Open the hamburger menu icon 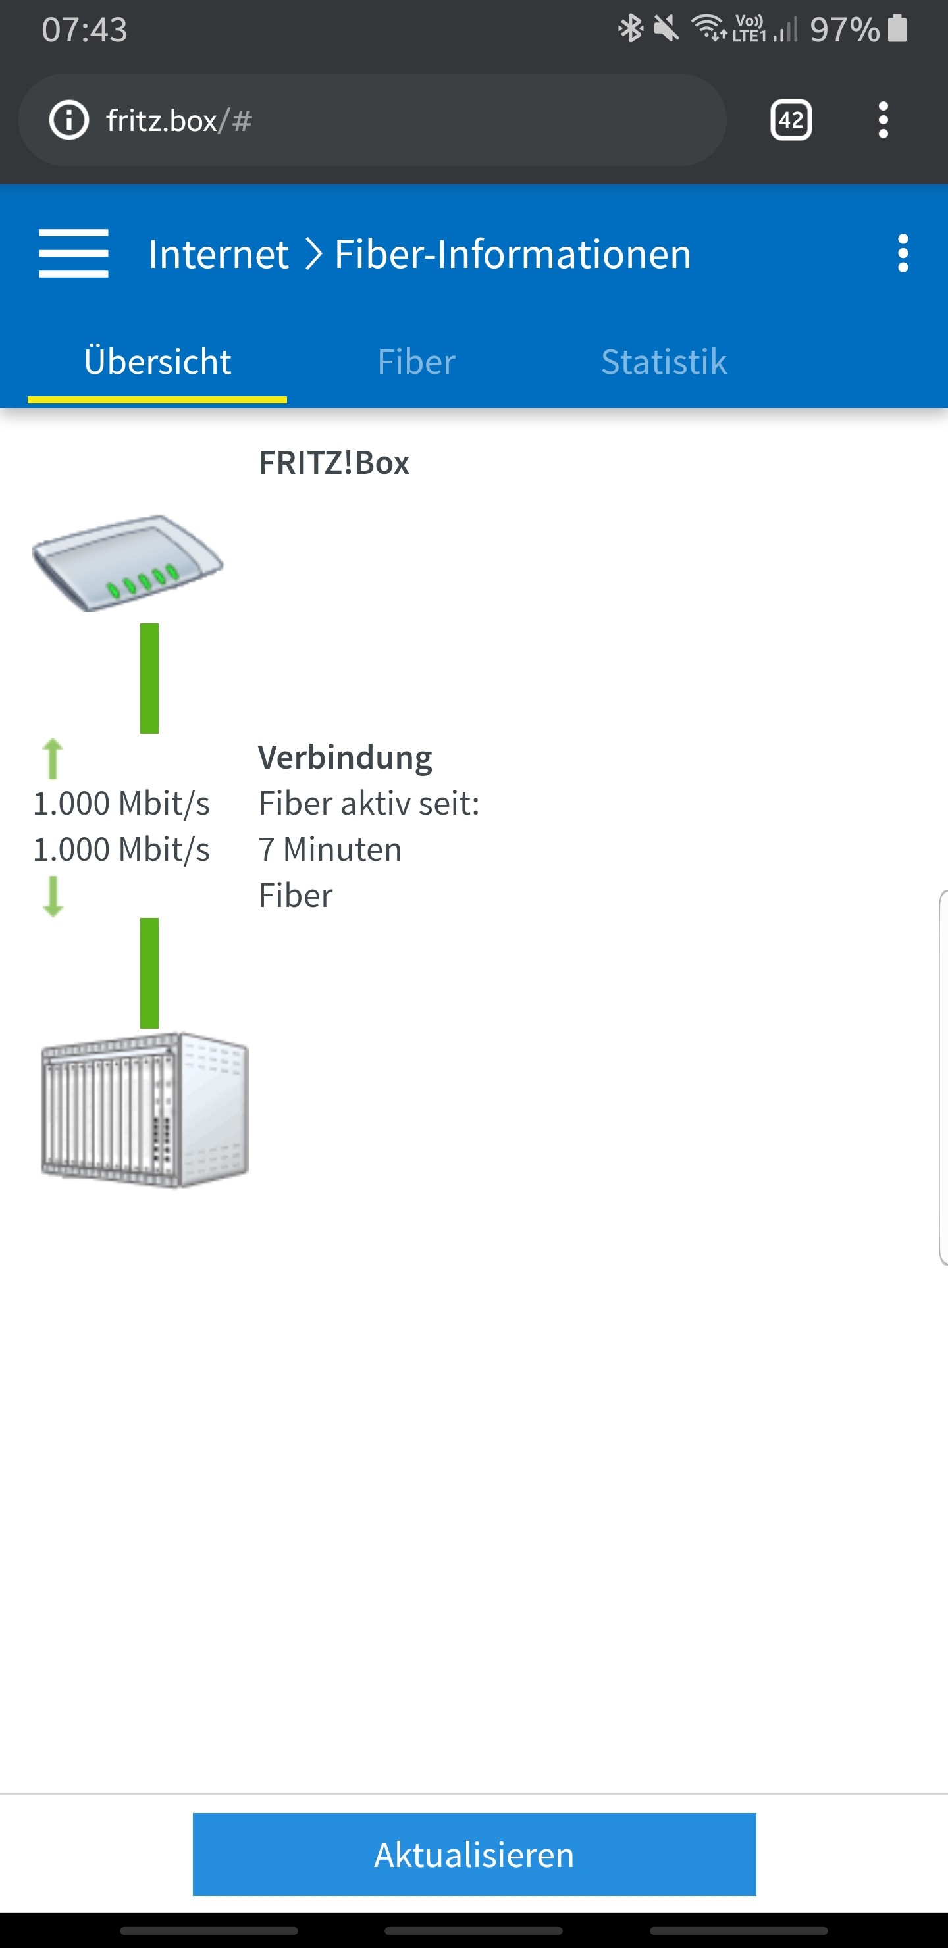click(x=73, y=253)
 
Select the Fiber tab click(x=416, y=361)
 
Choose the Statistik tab click(x=664, y=361)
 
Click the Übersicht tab click(x=157, y=361)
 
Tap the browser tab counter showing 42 click(x=791, y=120)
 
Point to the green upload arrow click(x=52, y=759)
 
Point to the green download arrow click(x=52, y=896)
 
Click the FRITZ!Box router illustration click(x=127, y=563)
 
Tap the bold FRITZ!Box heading click(x=334, y=463)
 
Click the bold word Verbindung click(x=345, y=757)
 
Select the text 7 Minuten click(x=330, y=849)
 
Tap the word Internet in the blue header click(x=218, y=254)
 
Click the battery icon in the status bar click(x=897, y=29)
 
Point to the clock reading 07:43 click(x=84, y=30)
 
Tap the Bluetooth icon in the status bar click(x=630, y=29)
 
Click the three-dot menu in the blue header click(x=902, y=253)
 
